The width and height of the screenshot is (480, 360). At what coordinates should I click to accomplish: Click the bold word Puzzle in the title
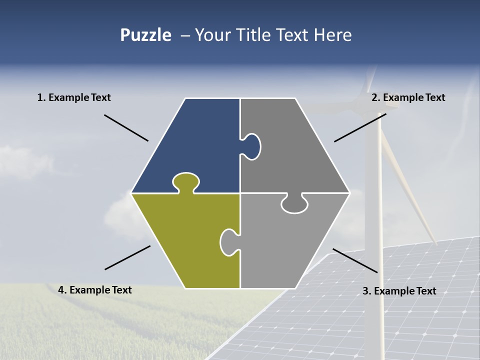tap(145, 35)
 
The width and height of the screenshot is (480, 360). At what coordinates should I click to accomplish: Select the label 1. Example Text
tap(74, 97)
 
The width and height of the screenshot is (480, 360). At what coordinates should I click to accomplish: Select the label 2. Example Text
tap(408, 97)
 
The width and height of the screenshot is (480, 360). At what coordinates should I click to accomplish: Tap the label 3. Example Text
tap(399, 291)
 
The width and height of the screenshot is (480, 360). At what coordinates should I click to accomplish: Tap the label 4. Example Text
tap(95, 290)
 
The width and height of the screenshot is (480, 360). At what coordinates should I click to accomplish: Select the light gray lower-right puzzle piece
tap(290, 245)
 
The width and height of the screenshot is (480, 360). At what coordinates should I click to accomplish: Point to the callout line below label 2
tap(360, 127)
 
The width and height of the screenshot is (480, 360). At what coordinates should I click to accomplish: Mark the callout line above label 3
tap(355, 260)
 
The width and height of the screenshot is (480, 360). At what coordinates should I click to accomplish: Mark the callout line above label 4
tap(127, 257)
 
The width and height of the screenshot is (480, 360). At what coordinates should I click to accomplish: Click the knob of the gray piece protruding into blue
tap(252, 146)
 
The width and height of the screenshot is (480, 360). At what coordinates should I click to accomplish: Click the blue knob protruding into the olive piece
tap(186, 181)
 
